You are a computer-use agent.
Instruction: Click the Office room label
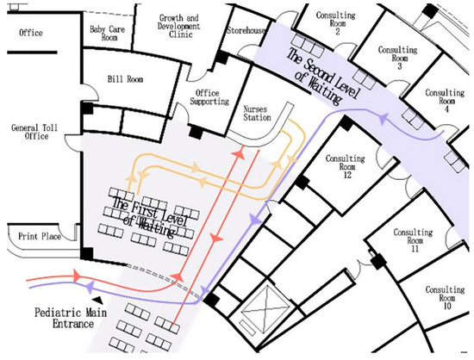tap(31, 33)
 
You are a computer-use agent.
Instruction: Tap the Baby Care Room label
tap(108, 34)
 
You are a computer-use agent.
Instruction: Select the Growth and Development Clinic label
tap(178, 27)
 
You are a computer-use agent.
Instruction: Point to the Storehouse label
tap(246, 30)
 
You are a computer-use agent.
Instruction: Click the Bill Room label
tap(125, 79)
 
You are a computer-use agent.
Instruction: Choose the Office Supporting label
tap(209, 97)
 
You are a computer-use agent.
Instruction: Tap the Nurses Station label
tap(257, 114)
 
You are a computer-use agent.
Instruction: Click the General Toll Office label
tap(34, 132)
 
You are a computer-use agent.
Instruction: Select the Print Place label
tap(40, 236)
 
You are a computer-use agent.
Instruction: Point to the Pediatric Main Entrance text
tap(71, 318)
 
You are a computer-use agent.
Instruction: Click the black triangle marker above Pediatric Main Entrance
tap(97, 300)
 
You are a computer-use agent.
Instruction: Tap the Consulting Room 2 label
tap(335, 23)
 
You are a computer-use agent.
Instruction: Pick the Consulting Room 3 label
tap(398, 58)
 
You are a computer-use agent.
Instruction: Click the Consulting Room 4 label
tap(445, 101)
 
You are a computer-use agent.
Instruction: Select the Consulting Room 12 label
tap(346, 166)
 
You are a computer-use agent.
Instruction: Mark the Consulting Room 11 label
tap(413, 240)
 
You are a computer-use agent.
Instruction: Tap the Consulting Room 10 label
tap(445, 298)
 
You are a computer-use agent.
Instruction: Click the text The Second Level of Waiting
tap(323, 77)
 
